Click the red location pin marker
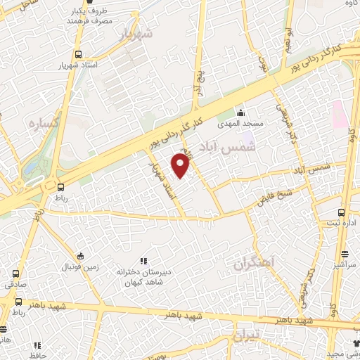pyautogui.click(x=181, y=167)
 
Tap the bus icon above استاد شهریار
pyautogui.click(x=78, y=53)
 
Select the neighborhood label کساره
pyautogui.click(x=41, y=124)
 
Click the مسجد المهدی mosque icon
pyautogui.click(x=240, y=113)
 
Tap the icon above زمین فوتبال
pyautogui.click(x=81, y=256)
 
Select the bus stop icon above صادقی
pyautogui.click(x=15, y=274)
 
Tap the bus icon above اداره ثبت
pyautogui.click(x=341, y=212)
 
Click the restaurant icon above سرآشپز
pyautogui.click(x=345, y=254)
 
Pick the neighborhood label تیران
pyautogui.click(x=245, y=333)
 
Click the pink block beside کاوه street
pyautogui.click(x=338, y=114)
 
